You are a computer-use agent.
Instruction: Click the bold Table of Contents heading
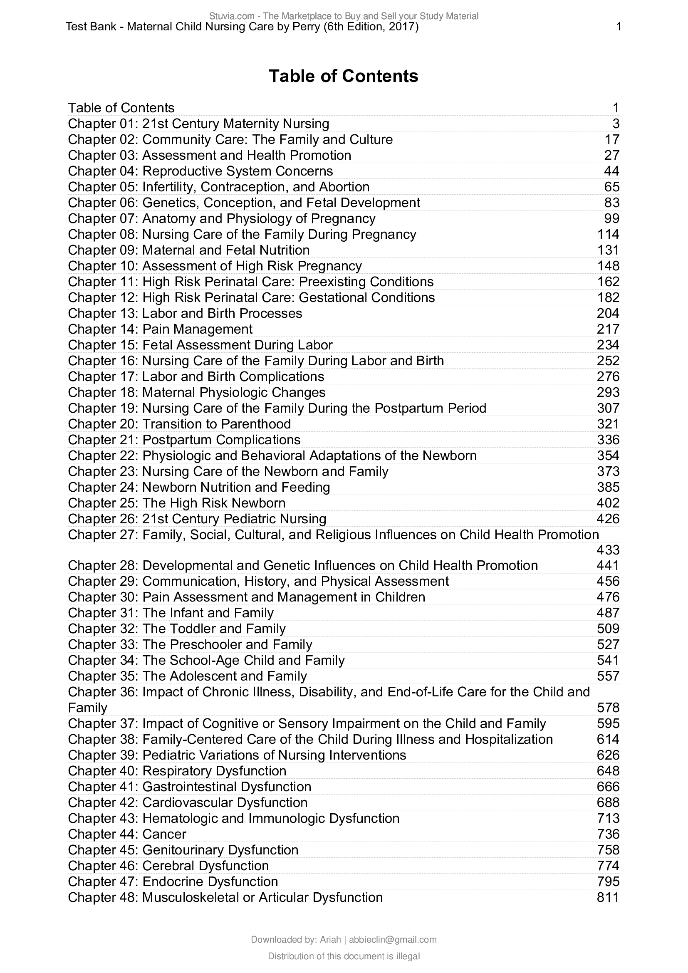coord(344,76)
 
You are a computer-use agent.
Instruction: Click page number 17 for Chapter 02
coord(612,139)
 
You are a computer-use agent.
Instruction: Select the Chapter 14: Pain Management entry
coord(160,329)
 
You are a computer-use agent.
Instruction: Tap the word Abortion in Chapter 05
coord(344,187)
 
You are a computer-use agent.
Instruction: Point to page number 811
coord(608,897)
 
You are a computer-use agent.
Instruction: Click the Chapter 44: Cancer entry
coord(127,834)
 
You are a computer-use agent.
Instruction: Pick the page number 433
coord(608,550)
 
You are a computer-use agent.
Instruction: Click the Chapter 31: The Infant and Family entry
coord(171,613)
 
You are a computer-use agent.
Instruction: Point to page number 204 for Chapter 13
coord(608,314)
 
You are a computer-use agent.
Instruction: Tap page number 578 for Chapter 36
coord(608,708)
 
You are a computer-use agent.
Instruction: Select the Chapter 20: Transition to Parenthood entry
coord(180,424)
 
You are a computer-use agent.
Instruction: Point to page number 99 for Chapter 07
coord(612,219)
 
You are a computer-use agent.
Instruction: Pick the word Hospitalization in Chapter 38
coord(509,739)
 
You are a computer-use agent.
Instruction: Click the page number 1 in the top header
coord(619,27)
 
